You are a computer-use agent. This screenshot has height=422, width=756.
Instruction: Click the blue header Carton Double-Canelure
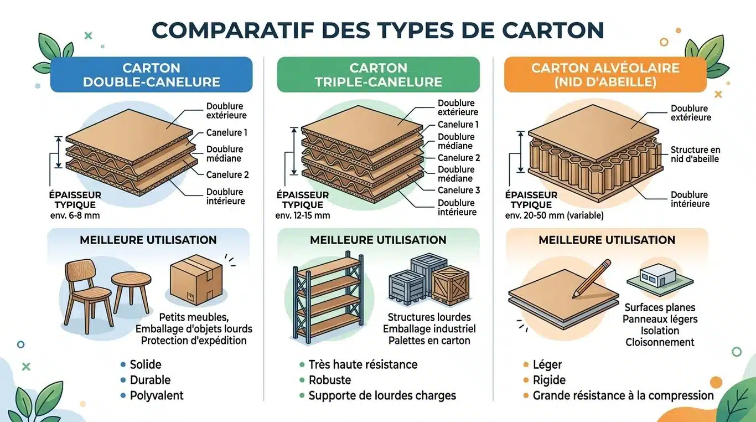point(151,75)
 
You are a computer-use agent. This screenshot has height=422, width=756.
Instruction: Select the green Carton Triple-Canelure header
point(378,75)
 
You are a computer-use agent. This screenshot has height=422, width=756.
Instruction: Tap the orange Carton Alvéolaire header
point(605,75)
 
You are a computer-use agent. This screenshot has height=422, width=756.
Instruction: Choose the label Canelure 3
point(459,190)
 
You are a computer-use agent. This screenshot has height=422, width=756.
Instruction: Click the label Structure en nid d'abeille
point(695,155)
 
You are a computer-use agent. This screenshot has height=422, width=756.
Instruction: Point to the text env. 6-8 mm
point(75,215)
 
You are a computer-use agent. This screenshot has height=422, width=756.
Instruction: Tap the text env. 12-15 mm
point(302,215)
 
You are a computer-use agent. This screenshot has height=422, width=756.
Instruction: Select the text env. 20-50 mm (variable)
point(554,215)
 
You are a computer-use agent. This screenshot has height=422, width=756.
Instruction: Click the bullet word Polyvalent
point(157,395)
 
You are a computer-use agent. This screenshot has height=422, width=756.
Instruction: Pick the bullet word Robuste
point(330,380)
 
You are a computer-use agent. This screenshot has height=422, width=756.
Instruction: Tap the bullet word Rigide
point(549,380)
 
